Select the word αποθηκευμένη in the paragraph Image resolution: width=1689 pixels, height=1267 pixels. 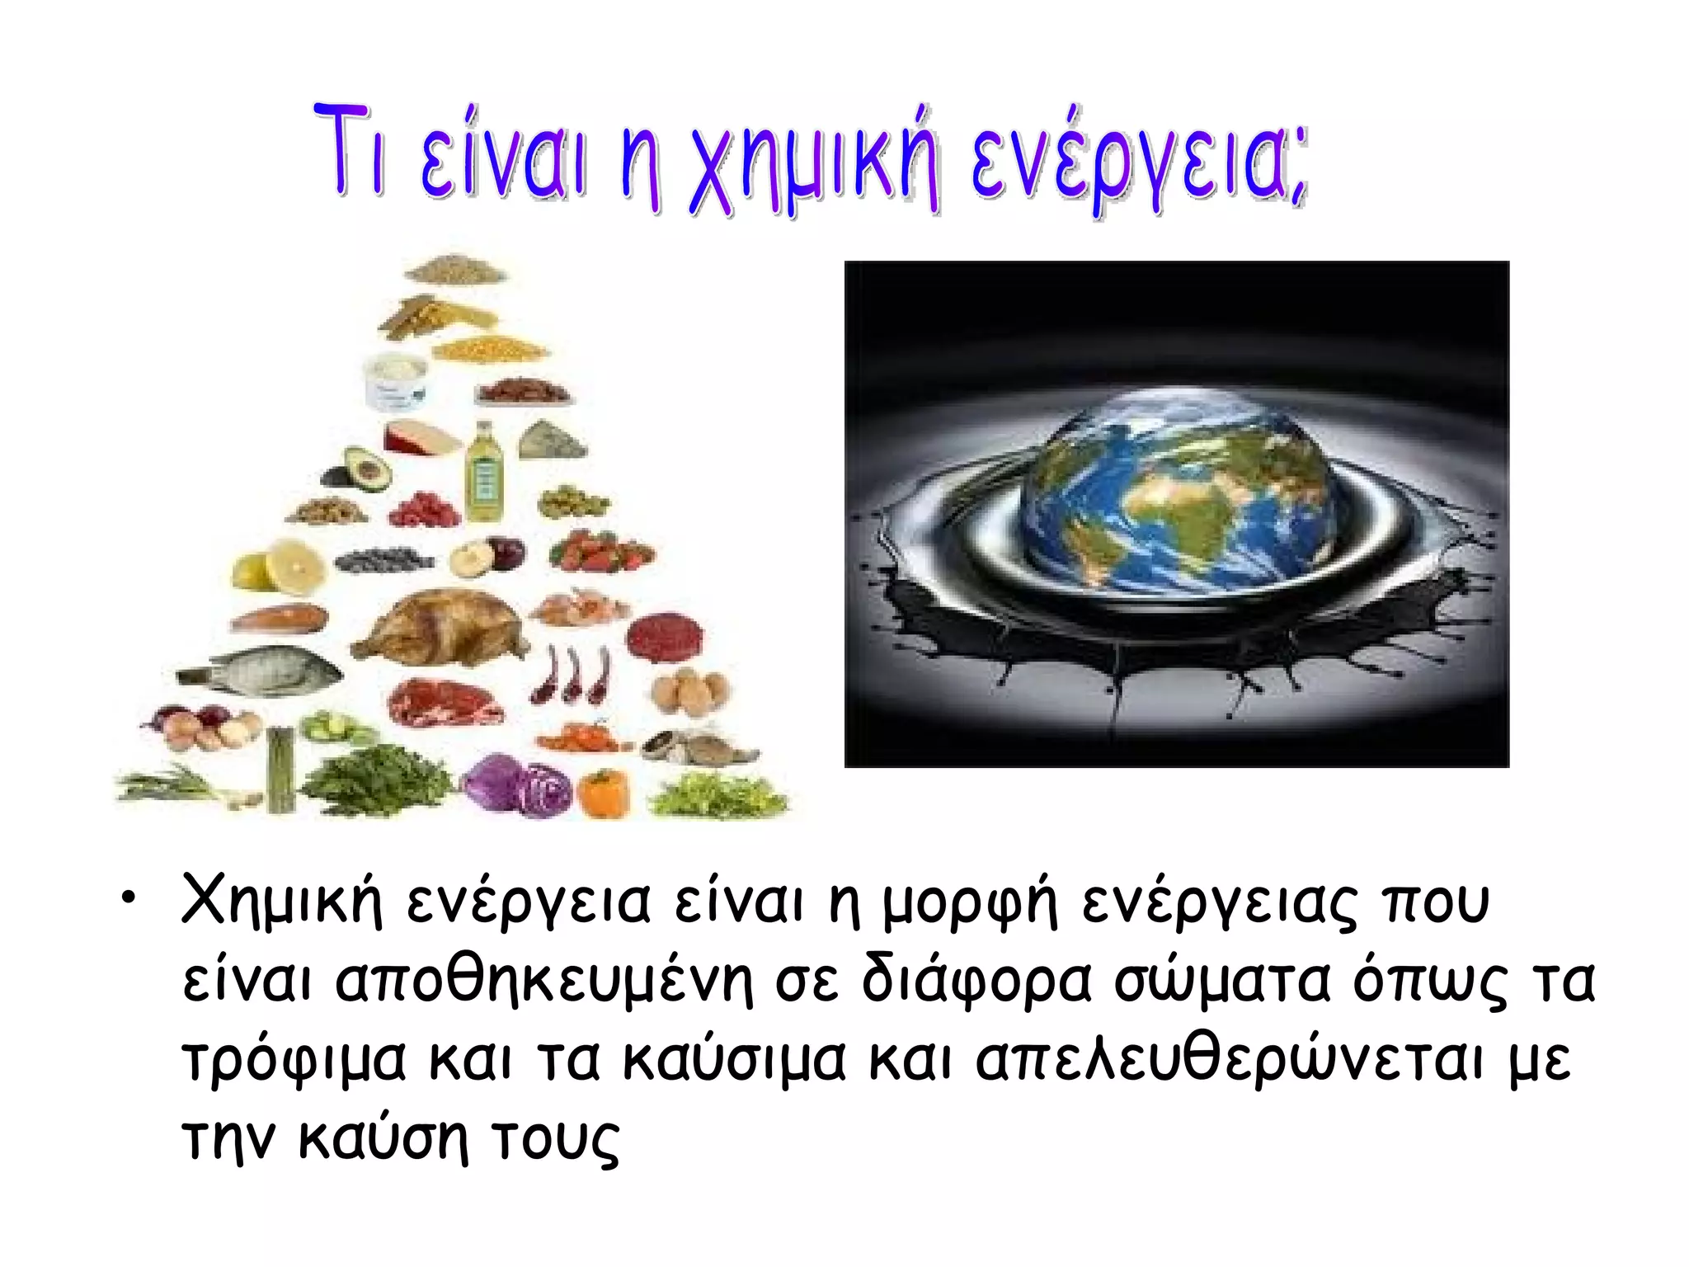coord(544,982)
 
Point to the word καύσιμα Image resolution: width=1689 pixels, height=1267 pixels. coord(734,1060)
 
